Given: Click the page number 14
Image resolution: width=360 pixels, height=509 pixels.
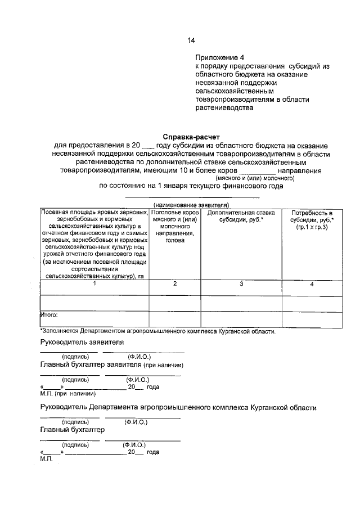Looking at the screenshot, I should click(191, 40).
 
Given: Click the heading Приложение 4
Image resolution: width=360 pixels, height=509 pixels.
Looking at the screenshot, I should click(220, 57).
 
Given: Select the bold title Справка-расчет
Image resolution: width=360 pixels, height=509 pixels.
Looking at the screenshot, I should click(191, 136).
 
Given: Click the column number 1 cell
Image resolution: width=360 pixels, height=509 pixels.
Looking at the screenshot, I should click(94, 284).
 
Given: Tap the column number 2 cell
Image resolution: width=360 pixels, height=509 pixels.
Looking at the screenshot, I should click(175, 284).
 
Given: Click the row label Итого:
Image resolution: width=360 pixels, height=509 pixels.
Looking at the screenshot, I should click(49, 315).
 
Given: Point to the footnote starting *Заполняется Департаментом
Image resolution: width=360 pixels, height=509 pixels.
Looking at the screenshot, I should click(158, 331).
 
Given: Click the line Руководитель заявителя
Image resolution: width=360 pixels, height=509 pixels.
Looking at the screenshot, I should click(82, 342).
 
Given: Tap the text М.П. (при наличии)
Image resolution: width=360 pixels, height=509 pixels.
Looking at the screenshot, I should click(61, 394).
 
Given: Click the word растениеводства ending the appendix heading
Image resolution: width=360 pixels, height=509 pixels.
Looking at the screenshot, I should click(221, 109).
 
